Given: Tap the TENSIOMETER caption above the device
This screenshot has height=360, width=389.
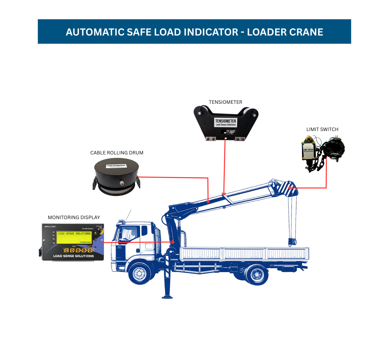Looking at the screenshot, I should pyautogui.click(x=225, y=102).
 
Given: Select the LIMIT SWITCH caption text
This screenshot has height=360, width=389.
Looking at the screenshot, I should pyautogui.click(x=322, y=129).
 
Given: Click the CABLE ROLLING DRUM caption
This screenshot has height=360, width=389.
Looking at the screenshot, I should pyautogui.click(x=117, y=153).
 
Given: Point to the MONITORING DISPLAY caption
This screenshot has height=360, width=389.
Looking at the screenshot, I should pyautogui.click(x=74, y=217).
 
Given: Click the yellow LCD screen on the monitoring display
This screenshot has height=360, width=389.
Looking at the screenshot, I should pyautogui.click(x=74, y=237).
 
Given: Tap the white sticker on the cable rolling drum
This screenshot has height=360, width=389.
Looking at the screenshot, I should pyautogui.click(x=116, y=166).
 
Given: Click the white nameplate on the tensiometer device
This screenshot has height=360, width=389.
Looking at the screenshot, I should pyautogui.click(x=226, y=122).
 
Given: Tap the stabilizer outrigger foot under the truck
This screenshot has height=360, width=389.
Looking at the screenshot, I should pyautogui.click(x=167, y=297).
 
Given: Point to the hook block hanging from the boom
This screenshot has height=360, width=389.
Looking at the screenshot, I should pyautogui.click(x=292, y=242).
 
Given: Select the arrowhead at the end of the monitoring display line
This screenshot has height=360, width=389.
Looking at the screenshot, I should pyautogui.click(x=173, y=242).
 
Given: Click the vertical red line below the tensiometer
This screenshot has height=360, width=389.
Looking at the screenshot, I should pyautogui.click(x=225, y=165).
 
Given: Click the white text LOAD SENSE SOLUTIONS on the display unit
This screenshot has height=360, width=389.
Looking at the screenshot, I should pyautogui.click(x=73, y=256).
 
